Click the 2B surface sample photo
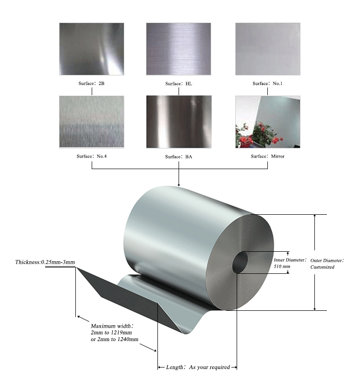click(91, 49)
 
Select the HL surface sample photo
click(178, 49)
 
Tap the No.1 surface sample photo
click(267, 49)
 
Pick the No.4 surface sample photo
click(91, 122)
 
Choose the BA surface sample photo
click(178, 122)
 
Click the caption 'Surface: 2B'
click(91, 84)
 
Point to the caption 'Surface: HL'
click(179, 84)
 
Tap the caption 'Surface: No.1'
click(267, 84)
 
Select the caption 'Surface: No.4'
click(91, 156)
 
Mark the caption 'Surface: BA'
click(179, 157)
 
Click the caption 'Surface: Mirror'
click(268, 156)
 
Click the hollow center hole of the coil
click(240, 262)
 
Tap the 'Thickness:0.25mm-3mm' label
click(45, 262)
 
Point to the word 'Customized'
click(323, 267)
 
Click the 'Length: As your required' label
click(198, 367)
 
